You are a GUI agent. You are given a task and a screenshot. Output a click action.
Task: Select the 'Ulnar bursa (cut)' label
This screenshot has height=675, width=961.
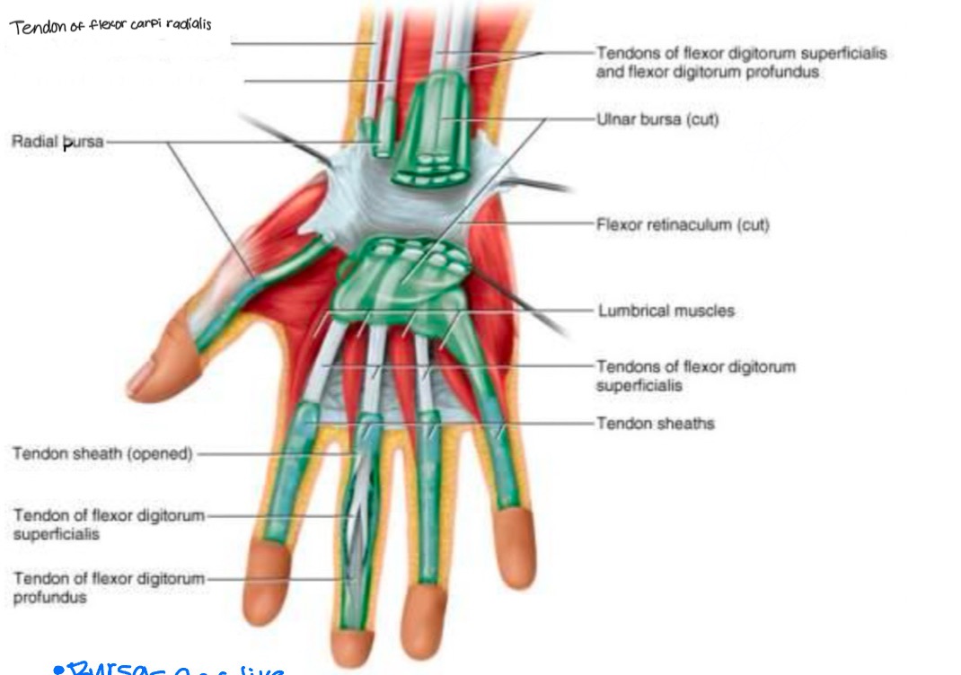click(x=657, y=119)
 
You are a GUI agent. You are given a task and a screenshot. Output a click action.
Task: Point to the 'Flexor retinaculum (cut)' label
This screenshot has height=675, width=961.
click(x=683, y=224)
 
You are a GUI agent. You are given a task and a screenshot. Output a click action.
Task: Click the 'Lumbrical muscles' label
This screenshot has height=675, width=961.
click(x=666, y=311)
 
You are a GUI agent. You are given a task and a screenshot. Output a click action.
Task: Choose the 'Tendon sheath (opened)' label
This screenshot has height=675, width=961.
click(x=102, y=454)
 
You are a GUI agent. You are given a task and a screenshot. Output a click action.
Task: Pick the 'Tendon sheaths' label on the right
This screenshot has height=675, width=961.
click(x=656, y=423)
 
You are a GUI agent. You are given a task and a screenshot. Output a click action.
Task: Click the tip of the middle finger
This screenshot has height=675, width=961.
click(x=353, y=648)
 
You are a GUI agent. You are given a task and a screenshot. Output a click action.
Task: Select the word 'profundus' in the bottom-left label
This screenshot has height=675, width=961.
click(x=50, y=598)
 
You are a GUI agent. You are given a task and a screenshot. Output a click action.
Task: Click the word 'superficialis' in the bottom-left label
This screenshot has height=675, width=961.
click(x=57, y=534)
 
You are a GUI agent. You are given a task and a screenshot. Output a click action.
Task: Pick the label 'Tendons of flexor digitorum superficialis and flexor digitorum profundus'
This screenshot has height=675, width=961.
click(x=740, y=62)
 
